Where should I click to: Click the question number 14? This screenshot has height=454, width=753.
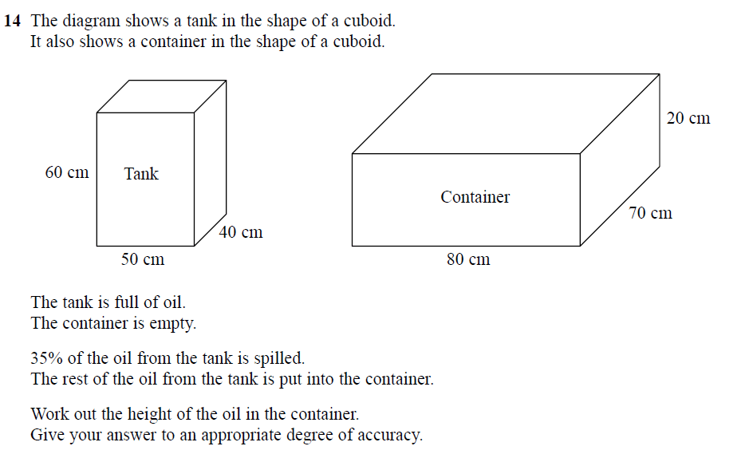tap(11, 21)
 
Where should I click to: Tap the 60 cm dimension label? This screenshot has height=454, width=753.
tap(67, 172)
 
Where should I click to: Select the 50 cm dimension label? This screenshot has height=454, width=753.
tap(143, 259)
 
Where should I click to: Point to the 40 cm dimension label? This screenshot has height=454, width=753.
tap(240, 232)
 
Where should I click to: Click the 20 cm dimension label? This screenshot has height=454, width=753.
tap(688, 118)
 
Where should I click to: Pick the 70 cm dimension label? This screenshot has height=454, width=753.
tap(650, 213)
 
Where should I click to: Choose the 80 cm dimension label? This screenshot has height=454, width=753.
tap(468, 259)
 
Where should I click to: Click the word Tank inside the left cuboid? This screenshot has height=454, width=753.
tap(141, 173)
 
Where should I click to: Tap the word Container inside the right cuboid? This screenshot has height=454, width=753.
tap(475, 197)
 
